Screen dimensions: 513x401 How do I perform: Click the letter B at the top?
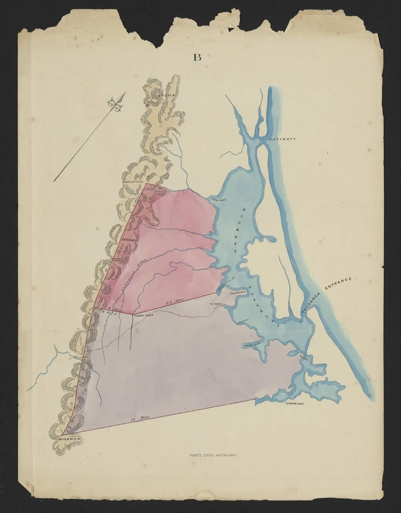[197, 57]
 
